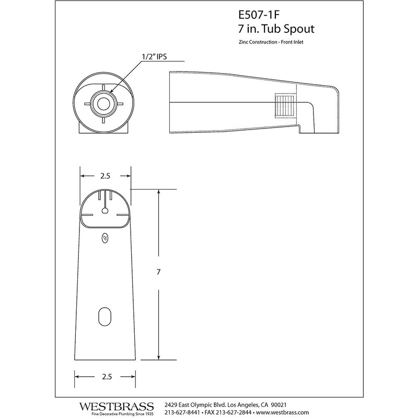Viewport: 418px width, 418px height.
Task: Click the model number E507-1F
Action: (259, 15)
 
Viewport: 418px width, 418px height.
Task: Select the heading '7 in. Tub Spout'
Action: (276, 29)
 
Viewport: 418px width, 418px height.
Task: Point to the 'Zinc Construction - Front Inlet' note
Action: (271, 42)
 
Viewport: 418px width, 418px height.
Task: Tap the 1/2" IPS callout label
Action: (154, 56)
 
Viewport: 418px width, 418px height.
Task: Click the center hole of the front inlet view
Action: (102, 103)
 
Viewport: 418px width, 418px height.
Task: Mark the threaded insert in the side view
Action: (285, 106)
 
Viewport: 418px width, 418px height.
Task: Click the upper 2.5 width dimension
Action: (105, 176)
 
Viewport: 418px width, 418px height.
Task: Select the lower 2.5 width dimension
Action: (107, 377)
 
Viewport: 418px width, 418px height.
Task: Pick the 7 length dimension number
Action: (159, 272)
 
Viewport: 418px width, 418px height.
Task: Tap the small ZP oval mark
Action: (105, 238)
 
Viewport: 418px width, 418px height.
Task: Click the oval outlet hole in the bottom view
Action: (104, 317)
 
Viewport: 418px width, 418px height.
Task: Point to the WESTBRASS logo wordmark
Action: (116, 407)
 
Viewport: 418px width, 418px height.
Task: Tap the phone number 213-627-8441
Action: (182, 413)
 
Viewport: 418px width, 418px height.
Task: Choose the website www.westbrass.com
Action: (282, 413)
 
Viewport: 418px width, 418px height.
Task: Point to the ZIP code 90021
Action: (278, 405)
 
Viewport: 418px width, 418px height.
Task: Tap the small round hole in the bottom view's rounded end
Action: (105, 211)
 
